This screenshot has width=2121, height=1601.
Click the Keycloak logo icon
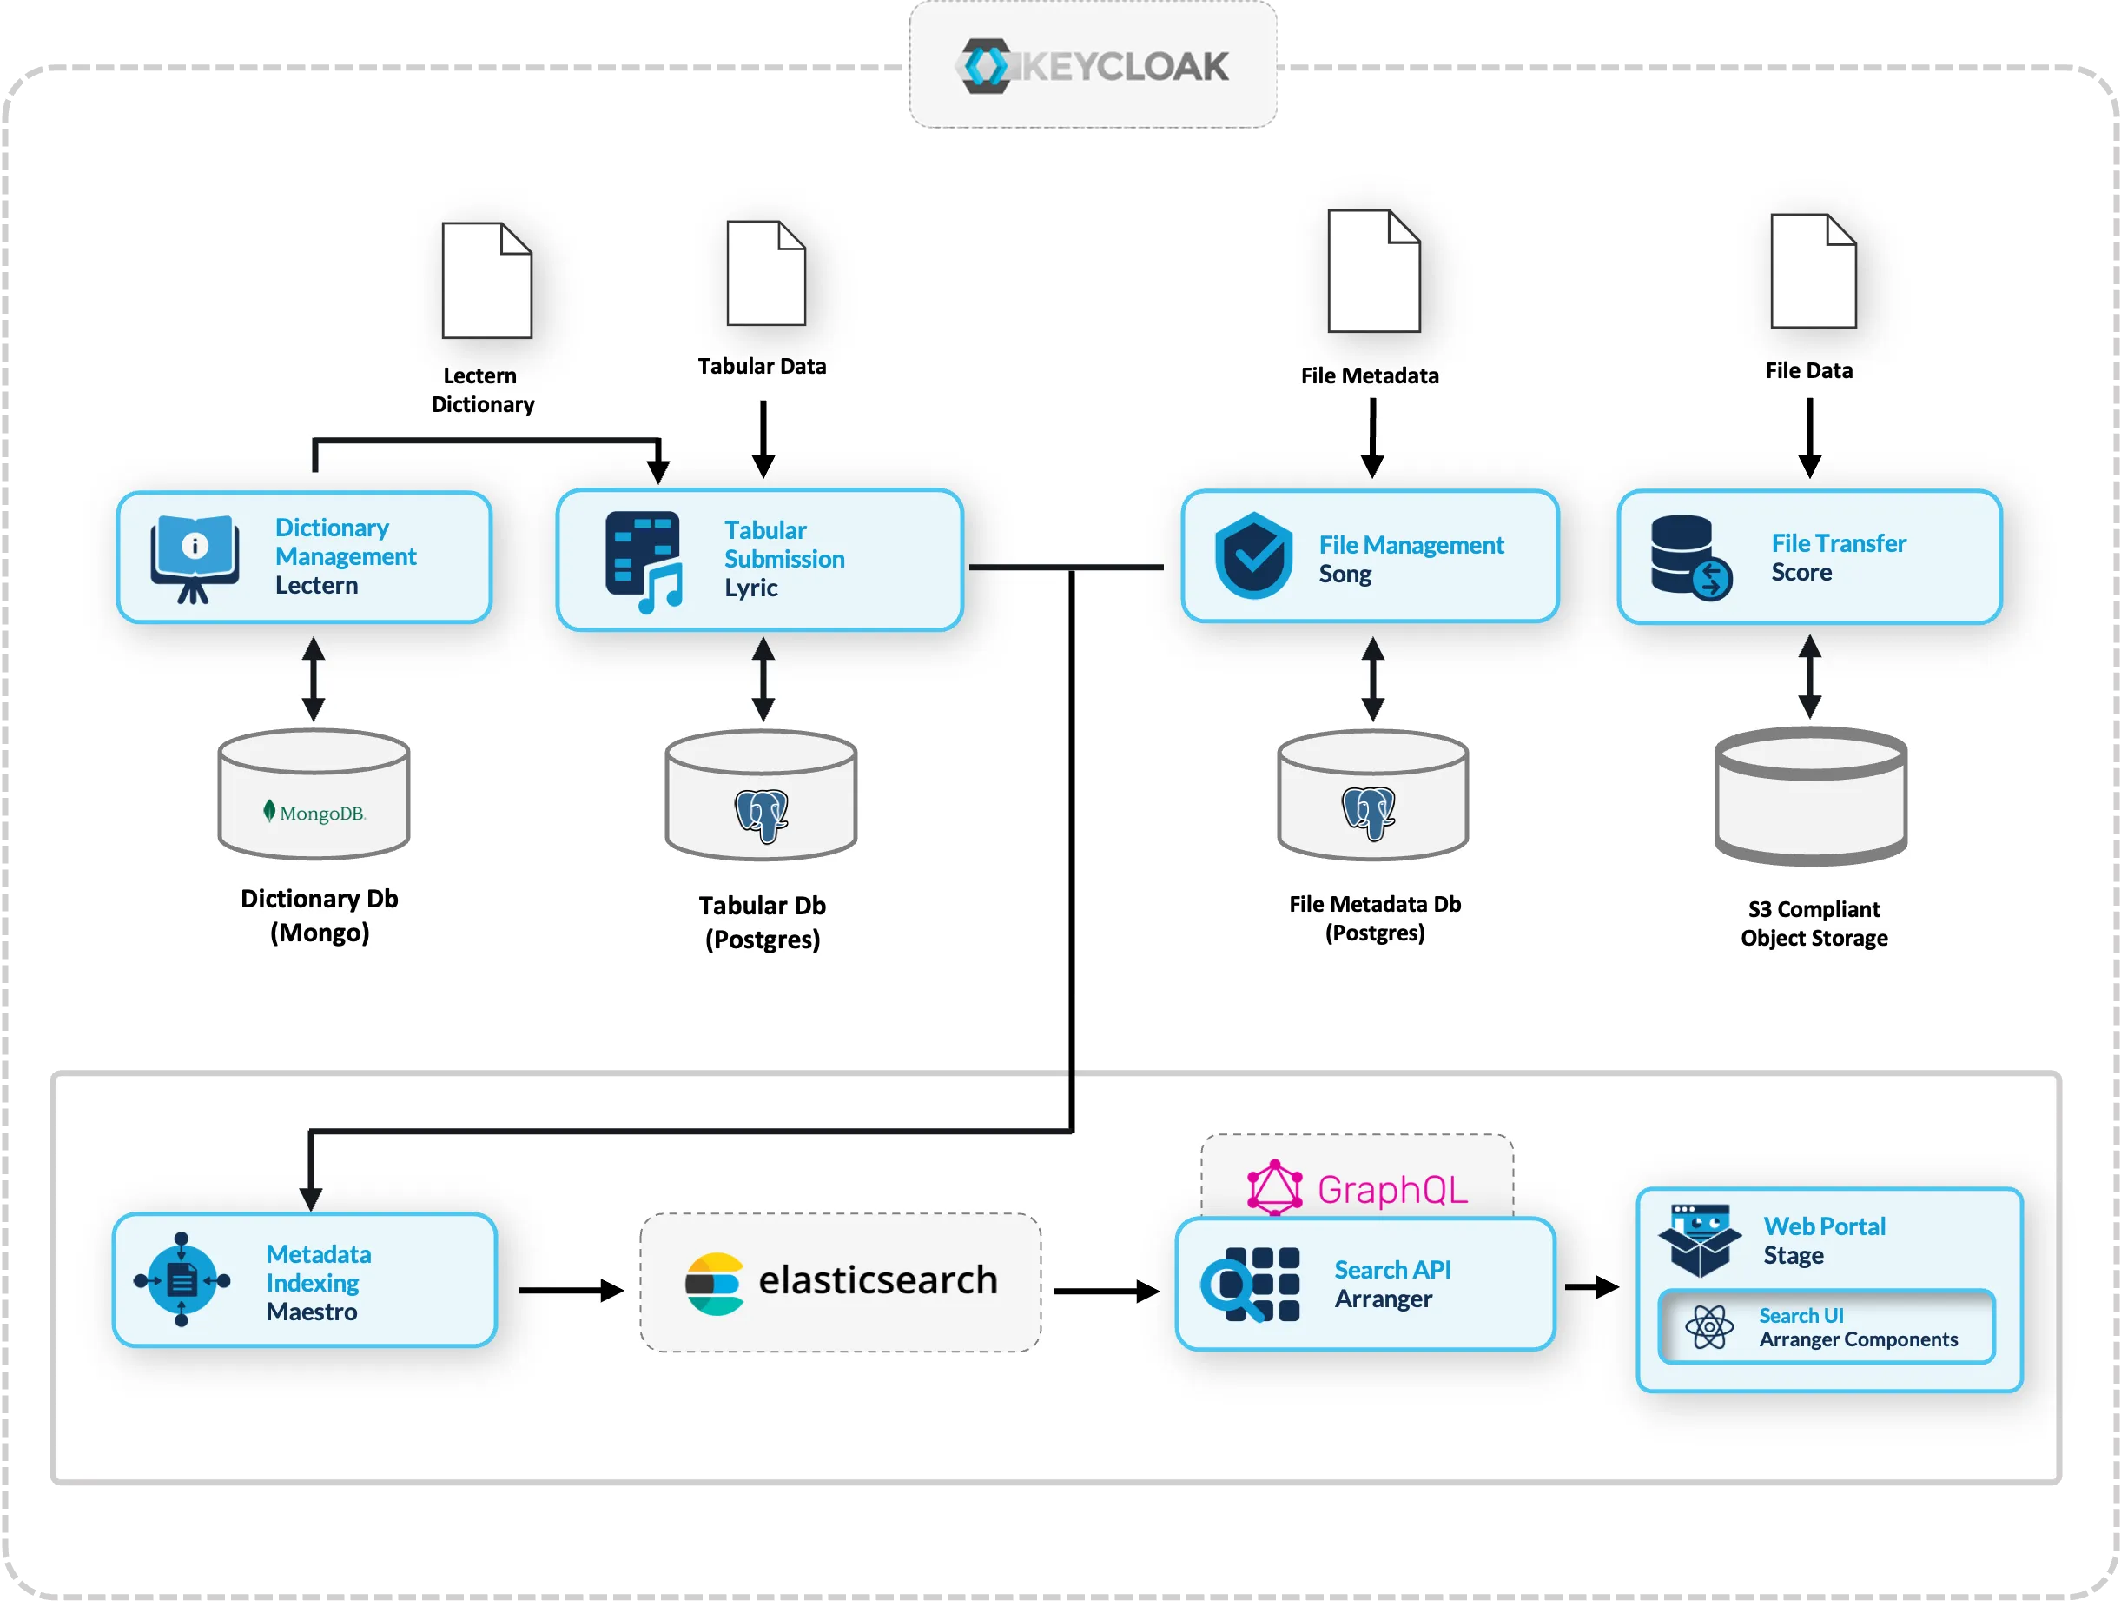pos(986,66)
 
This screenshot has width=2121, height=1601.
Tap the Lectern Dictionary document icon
pos(486,280)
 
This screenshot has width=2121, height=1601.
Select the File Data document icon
pos(1813,271)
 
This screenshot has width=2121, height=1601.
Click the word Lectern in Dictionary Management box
pos(316,585)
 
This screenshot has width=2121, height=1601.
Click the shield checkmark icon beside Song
pos(1252,556)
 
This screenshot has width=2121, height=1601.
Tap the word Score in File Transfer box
pos(1801,573)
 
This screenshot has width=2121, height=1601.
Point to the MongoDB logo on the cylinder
pos(314,813)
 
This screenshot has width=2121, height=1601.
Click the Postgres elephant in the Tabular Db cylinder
pos(762,815)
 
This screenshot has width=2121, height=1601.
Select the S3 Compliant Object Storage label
pos(1814,923)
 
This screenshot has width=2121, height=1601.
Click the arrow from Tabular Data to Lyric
pos(763,439)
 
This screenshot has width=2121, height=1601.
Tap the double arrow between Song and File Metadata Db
pos(1372,679)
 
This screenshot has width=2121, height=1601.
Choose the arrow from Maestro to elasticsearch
pos(571,1290)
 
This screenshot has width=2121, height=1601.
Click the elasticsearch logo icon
pos(714,1284)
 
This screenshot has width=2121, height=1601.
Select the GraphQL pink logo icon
pos(1274,1187)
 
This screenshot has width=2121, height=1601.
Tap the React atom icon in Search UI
pos(1708,1327)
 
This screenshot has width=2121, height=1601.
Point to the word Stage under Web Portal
pos(1793,1256)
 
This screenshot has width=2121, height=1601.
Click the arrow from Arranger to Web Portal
pos(1592,1286)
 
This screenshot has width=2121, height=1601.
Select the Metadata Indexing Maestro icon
pos(182,1279)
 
